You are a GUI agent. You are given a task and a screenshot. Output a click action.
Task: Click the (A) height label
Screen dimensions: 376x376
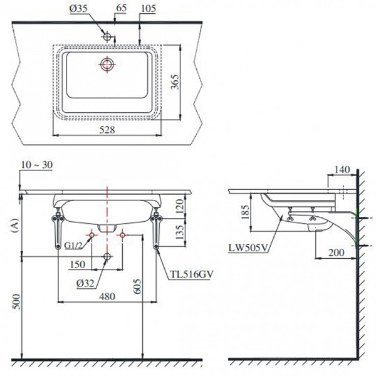[12, 225]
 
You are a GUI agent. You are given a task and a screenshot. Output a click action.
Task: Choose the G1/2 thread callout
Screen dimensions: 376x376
[73, 246]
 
